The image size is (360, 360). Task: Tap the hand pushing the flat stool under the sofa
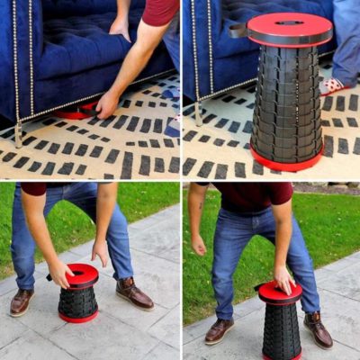106,104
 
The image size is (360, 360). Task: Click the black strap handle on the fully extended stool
237,31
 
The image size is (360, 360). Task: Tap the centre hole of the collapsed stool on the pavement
78,272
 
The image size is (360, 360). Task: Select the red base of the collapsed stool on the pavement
79,317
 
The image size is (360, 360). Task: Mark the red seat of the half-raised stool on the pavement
279,292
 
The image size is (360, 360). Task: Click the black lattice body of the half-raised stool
282,330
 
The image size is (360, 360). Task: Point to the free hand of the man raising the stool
199,245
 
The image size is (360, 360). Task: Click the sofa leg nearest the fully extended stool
197,112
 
